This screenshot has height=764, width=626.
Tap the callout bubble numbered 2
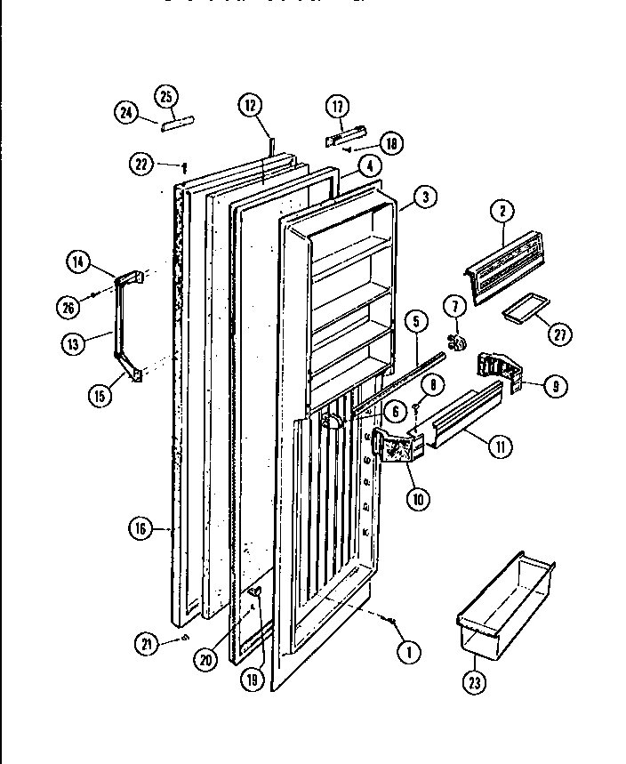coord(502,211)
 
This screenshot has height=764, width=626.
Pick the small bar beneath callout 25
coord(177,123)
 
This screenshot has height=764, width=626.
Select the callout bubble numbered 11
coord(500,446)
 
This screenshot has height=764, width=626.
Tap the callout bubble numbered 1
coord(408,653)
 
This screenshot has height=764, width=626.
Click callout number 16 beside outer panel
coord(139,529)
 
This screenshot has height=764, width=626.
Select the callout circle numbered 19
coord(252,679)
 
